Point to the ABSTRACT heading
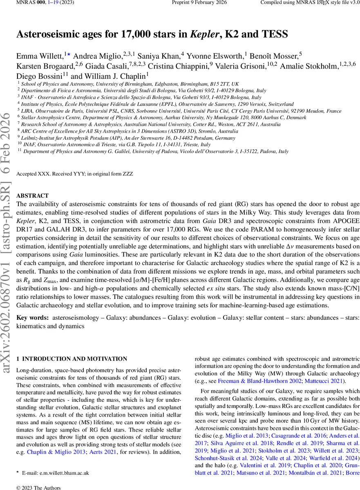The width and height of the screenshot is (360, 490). [x=32, y=196]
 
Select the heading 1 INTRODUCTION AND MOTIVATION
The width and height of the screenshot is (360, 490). [x=72, y=359]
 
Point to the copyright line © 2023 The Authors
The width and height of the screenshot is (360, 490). [x=38, y=487]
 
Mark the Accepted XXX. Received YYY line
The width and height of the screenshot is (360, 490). [x=74, y=174]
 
